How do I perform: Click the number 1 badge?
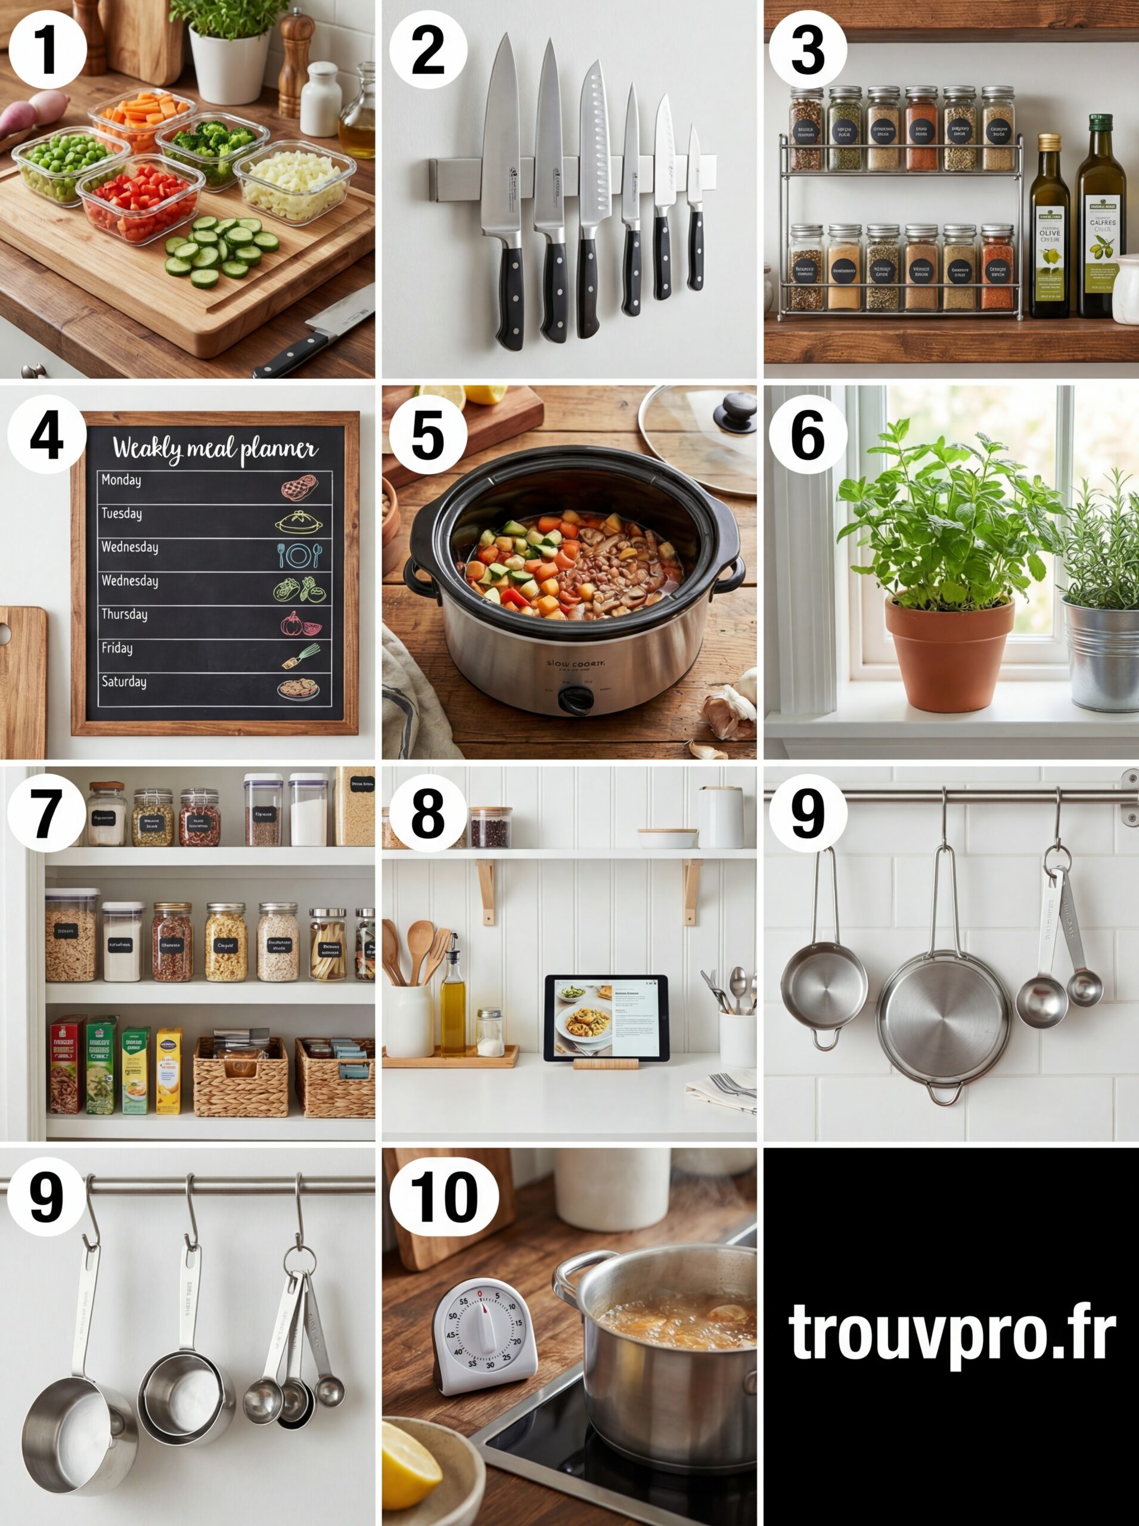coord(47,49)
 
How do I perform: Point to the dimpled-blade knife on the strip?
coord(592,200)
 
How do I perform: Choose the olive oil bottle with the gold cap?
coord(1050,228)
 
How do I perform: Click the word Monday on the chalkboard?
coord(122,480)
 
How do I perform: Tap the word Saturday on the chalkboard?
coord(124,682)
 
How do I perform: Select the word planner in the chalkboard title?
coord(276,449)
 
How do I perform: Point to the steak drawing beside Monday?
coord(299,488)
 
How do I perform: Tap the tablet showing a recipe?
coord(606,1018)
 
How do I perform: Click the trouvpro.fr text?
coord(951,1332)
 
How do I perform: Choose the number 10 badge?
coord(443,1197)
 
